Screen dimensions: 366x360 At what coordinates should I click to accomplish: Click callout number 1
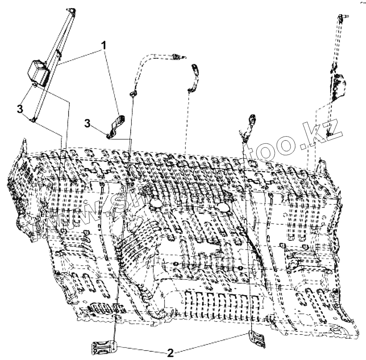(x=104, y=45)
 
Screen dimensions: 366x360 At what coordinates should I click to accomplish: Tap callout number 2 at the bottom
(x=170, y=353)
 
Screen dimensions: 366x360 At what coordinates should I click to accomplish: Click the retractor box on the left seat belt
(x=39, y=72)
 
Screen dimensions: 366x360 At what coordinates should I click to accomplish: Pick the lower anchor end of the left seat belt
(x=34, y=119)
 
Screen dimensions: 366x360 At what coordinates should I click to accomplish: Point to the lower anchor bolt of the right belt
(x=330, y=134)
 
